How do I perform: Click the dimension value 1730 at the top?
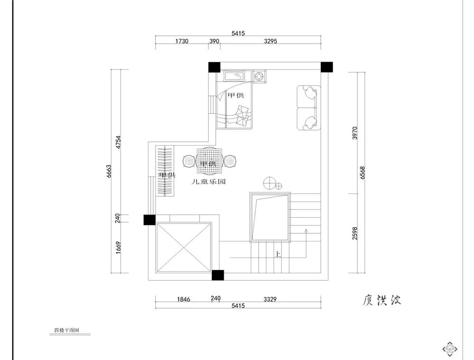point(182,41)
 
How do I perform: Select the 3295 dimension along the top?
point(267,41)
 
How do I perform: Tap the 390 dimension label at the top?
point(214,41)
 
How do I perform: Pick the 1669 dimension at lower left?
point(119,248)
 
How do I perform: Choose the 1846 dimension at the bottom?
point(183,299)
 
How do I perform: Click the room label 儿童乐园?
point(208,181)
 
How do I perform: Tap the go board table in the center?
point(209,161)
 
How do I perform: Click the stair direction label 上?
point(278,255)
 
